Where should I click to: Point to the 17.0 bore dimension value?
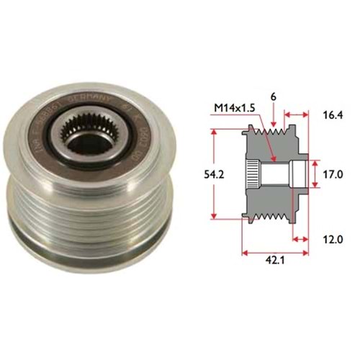pyautogui.click(x=331, y=174)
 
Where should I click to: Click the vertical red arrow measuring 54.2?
pyautogui.click(x=215, y=175)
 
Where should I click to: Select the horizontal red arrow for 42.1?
pyautogui.click(x=277, y=253)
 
